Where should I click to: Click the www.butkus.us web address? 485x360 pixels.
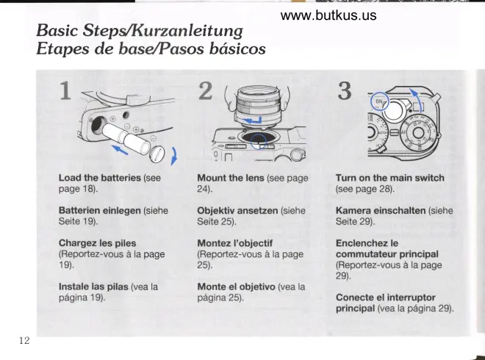click(328, 15)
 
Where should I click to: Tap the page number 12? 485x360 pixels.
click(24, 340)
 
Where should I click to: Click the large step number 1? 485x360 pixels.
click(65, 91)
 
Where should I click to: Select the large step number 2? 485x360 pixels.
click(205, 91)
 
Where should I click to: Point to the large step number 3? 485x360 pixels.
click(345, 91)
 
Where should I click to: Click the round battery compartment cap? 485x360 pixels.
click(157, 154)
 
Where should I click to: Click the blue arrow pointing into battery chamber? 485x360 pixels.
click(120, 149)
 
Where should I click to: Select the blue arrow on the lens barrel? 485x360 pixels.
click(252, 120)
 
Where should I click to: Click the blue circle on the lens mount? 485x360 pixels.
click(258, 142)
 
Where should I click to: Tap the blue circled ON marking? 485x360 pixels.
click(380, 101)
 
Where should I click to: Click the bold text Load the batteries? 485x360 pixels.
click(100, 178)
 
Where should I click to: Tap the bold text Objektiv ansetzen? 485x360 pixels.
click(237, 211)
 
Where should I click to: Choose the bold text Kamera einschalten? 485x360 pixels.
click(381, 211)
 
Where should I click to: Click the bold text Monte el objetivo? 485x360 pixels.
click(237, 287)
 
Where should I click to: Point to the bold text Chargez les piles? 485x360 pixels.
click(98, 243)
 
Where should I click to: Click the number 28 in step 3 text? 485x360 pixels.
click(385, 189)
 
